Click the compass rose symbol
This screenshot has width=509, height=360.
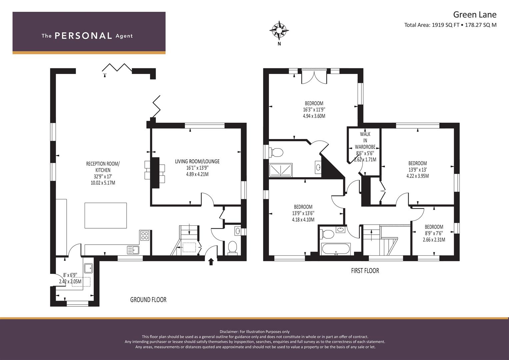click(x=279, y=30)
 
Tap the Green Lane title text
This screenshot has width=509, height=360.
click(x=475, y=15)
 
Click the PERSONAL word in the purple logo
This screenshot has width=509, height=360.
click(x=83, y=36)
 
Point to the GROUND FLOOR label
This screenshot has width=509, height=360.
click(x=148, y=300)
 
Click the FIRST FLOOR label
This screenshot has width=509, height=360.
click(x=365, y=271)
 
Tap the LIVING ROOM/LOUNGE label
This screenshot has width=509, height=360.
click(x=197, y=161)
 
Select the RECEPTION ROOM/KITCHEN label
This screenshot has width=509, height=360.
click(x=103, y=167)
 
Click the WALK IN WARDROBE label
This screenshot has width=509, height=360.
click(x=365, y=140)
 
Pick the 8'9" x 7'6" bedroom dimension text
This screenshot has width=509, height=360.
click(x=434, y=233)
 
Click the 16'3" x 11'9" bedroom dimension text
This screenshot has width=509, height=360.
click(x=314, y=110)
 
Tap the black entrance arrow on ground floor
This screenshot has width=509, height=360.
click(x=211, y=262)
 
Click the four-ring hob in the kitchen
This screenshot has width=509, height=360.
click(x=145, y=235)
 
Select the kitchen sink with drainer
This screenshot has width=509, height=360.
click(x=133, y=250)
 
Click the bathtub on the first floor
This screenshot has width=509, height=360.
click(x=336, y=249)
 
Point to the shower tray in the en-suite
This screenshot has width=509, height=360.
click(x=281, y=170)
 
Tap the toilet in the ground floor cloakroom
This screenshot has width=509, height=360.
click(x=232, y=247)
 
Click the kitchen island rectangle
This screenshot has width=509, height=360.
click(x=106, y=215)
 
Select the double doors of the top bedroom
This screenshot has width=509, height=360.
click(x=314, y=76)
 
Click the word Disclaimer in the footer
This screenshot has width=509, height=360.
click(x=229, y=332)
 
